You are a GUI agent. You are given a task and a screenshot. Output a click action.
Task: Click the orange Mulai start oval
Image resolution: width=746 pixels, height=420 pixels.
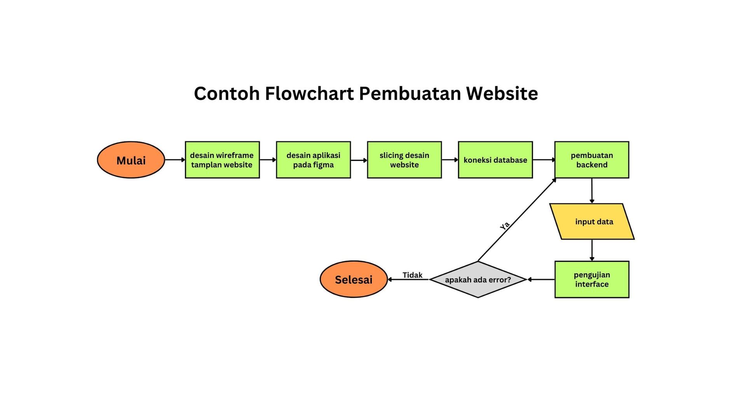pyautogui.click(x=131, y=160)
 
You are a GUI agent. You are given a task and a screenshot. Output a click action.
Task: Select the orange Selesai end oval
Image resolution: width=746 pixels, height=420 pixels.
pyautogui.click(x=354, y=279)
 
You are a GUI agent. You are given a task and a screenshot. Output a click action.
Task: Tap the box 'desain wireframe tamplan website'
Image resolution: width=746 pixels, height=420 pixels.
pyautogui.click(x=222, y=160)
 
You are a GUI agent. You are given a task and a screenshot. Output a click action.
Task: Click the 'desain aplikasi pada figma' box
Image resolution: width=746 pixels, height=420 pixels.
pyautogui.click(x=313, y=160)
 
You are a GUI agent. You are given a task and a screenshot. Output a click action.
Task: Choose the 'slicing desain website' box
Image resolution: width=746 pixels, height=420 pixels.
pyautogui.click(x=404, y=160)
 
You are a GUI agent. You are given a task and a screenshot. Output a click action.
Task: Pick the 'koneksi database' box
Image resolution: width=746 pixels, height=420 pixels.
pyautogui.click(x=495, y=160)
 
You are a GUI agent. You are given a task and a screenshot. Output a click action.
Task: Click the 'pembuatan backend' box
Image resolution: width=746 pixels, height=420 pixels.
pyautogui.click(x=591, y=160)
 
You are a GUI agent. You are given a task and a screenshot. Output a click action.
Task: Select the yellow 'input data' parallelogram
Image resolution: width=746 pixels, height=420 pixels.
pyautogui.click(x=592, y=222)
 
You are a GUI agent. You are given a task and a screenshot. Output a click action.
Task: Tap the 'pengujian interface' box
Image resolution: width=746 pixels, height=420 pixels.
pyautogui.click(x=591, y=279)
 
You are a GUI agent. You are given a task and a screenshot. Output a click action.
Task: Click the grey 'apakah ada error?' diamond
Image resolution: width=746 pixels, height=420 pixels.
pyautogui.click(x=478, y=279)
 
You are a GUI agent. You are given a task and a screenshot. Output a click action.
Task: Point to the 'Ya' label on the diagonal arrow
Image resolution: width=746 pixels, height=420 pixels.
pyautogui.click(x=505, y=226)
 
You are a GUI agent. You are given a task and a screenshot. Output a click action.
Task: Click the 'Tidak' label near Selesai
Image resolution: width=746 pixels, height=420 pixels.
pyautogui.click(x=412, y=275)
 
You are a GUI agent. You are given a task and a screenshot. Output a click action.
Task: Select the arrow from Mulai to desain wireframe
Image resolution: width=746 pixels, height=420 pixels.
pyautogui.click(x=175, y=160)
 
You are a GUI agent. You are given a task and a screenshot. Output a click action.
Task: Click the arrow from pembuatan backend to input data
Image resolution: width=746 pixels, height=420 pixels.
pyautogui.click(x=592, y=191)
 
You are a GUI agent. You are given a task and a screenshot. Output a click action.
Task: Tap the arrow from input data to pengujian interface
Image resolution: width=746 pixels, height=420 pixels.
pyautogui.click(x=592, y=250)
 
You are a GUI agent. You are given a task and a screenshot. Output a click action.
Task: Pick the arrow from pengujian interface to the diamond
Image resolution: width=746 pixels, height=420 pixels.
pyautogui.click(x=541, y=279)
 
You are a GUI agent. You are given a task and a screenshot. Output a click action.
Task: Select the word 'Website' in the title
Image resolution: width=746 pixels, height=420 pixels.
pyautogui.click(x=502, y=93)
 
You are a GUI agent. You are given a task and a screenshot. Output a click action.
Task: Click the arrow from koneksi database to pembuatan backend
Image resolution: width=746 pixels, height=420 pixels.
pyautogui.click(x=544, y=160)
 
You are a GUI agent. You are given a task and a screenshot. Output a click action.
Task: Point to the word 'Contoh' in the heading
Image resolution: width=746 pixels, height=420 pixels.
pyautogui.click(x=227, y=93)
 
